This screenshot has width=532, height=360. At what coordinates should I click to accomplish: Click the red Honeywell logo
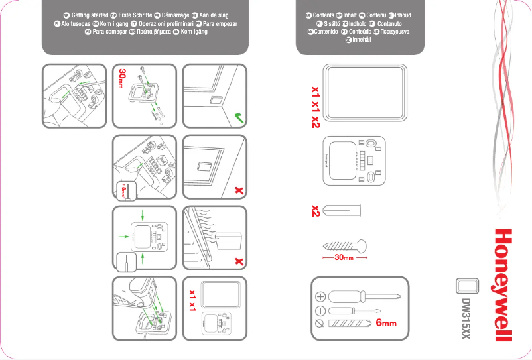tap(504, 286)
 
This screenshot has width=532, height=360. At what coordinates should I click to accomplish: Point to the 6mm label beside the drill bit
tap(385, 324)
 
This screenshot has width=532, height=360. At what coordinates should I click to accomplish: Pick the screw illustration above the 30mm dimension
tap(344, 244)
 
